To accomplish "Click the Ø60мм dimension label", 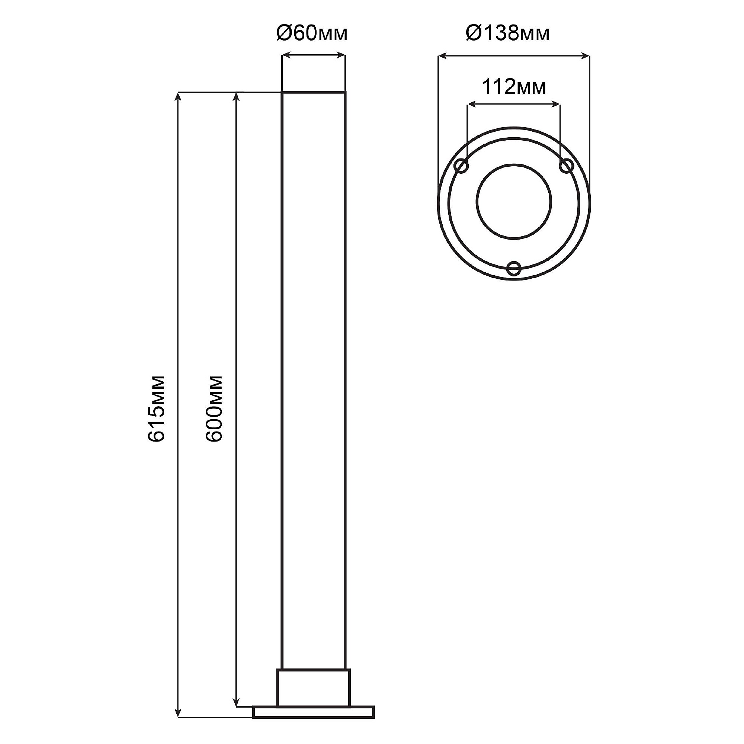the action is tap(312, 34).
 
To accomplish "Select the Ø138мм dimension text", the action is tap(507, 34).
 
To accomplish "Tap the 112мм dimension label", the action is tap(514, 87).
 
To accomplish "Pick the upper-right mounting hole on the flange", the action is tap(566, 166).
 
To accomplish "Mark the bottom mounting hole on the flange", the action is tap(514, 269).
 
